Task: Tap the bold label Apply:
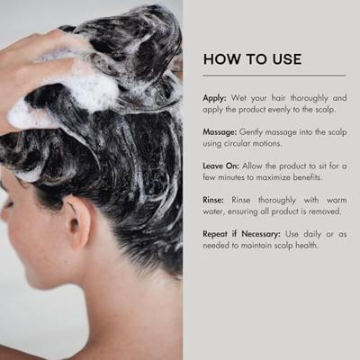click(x=217, y=96)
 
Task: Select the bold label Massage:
click(x=223, y=132)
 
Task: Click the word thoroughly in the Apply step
click(x=297, y=96)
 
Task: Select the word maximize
click(x=287, y=181)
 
